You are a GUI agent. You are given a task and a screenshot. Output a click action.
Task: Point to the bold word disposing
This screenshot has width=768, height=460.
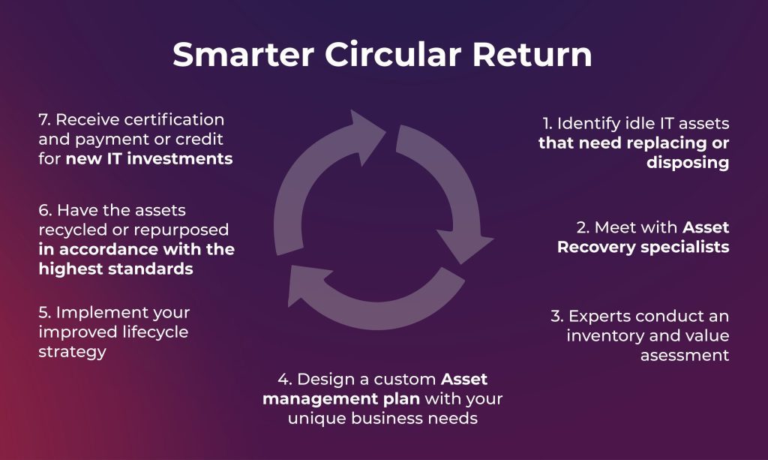click(x=688, y=163)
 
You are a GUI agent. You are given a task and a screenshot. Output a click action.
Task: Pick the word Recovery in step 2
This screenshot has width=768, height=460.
click(x=596, y=247)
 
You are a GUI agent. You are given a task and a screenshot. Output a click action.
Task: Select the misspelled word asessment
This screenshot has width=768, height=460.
click(x=685, y=355)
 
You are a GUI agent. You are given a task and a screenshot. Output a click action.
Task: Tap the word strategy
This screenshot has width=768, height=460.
click(x=72, y=351)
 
